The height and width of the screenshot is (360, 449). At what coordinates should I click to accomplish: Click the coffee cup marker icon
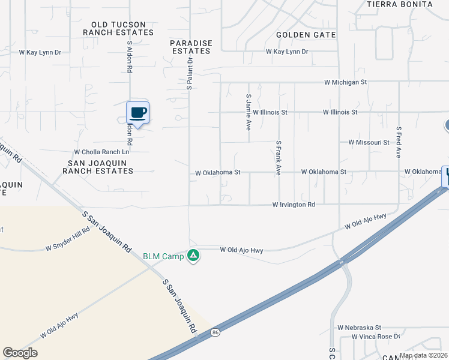point(138,113)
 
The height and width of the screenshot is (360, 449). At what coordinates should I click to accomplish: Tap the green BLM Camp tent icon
point(193,256)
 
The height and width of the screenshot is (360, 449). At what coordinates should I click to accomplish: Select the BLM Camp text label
point(163,256)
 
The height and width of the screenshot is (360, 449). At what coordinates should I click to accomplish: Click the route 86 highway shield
point(215,331)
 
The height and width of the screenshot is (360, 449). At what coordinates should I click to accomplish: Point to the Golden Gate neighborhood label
point(306,35)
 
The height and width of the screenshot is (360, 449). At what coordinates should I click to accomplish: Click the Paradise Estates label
point(190,47)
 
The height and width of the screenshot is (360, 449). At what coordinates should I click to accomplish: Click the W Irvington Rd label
point(294,205)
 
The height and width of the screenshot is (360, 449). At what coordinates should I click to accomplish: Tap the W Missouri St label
point(369,142)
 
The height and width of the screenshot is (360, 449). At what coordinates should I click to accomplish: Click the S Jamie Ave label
point(248,112)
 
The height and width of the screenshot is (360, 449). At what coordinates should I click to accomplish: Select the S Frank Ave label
point(279,158)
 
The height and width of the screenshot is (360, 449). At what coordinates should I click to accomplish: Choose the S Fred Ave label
point(398,142)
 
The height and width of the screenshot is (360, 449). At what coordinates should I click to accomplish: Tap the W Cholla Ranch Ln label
point(101,152)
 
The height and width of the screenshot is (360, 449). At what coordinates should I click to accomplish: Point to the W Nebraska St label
point(359,328)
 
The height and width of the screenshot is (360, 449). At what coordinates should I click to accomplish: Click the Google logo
point(20,353)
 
